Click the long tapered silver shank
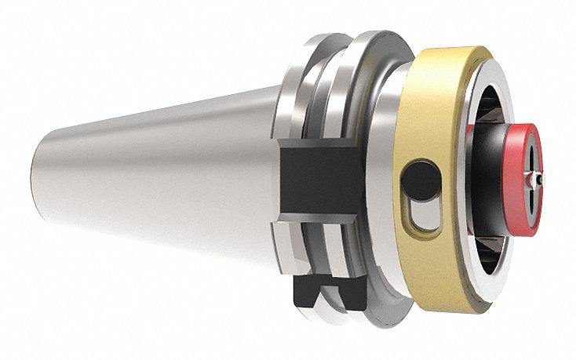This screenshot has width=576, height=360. (x=157, y=180)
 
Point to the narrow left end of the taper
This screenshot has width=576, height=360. (x=39, y=184)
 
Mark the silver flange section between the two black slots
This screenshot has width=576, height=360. (x=310, y=235)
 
